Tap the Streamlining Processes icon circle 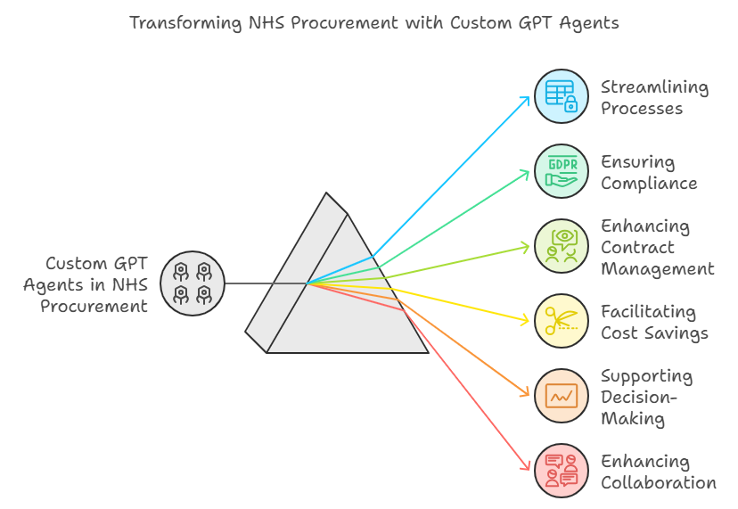click(562, 96)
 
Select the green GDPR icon click(562, 171)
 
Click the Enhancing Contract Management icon click(562, 246)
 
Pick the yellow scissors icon click(562, 321)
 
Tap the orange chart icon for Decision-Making click(562, 396)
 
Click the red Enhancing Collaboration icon click(562, 471)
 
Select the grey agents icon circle click(193, 283)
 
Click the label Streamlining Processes click(654, 97)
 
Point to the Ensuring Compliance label click(649, 172)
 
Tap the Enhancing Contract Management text click(657, 247)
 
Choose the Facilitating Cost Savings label click(654, 322)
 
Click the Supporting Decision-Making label click(646, 397)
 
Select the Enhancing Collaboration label click(658, 472)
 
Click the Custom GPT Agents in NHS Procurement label click(86, 284)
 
